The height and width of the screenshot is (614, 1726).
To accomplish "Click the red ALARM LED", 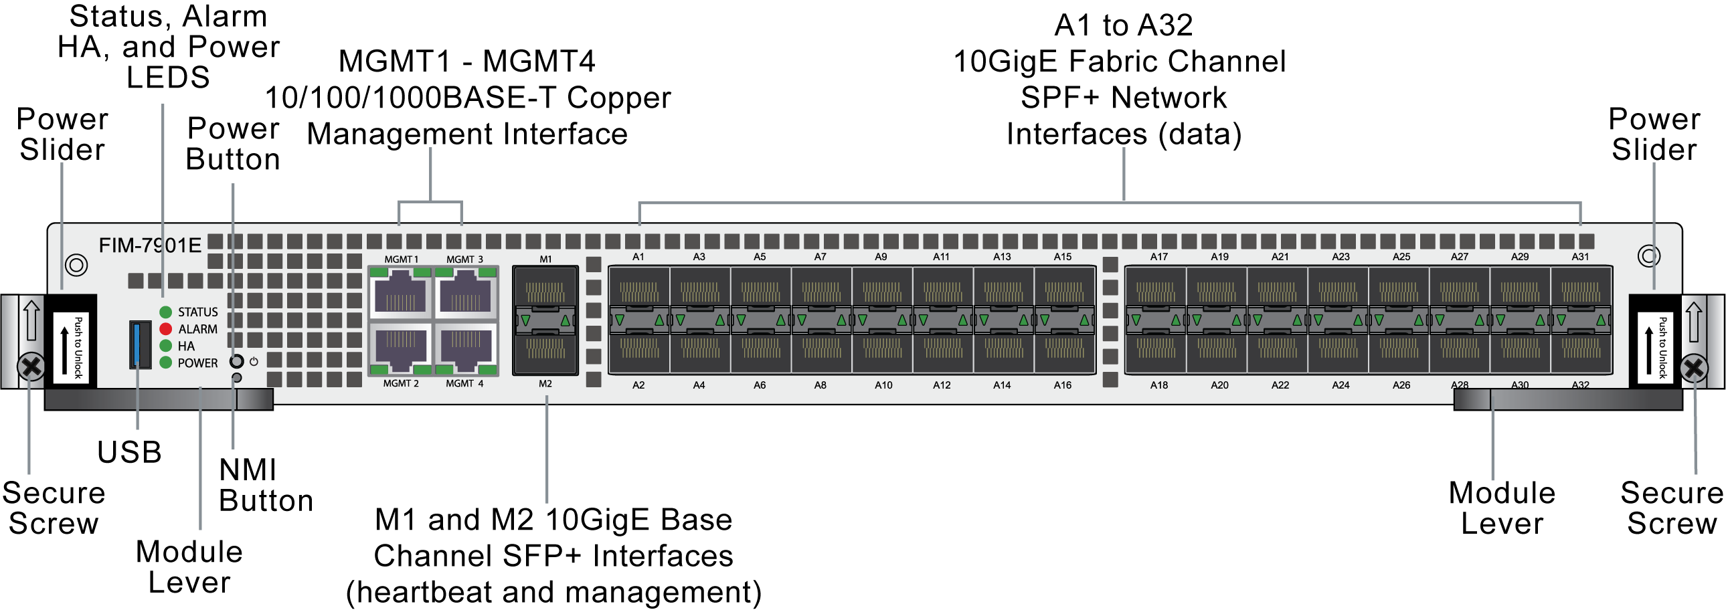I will pyautogui.click(x=165, y=329).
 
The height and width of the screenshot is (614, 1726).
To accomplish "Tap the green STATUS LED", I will pyautogui.click(x=165, y=312).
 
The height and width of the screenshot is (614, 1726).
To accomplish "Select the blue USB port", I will pyautogui.click(x=140, y=344).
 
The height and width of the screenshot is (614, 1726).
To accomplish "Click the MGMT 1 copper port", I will pyautogui.click(x=401, y=292).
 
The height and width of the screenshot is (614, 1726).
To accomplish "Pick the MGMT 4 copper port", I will pyautogui.click(x=466, y=349).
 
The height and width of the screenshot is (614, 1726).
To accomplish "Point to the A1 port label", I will pyautogui.click(x=638, y=256).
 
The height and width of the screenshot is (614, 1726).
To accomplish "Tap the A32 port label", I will pyautogui.click(x=1580, y=385).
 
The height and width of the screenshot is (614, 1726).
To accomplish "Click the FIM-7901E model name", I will pyautogui.click(x=150, y=245).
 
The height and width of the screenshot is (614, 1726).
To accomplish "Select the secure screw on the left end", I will pyautogui.click(x=31, y=367).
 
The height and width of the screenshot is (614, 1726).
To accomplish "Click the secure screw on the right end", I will pyautogui.click(x=1693, y=369).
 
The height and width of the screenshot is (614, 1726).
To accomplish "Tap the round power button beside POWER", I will pyautogui.click(x=236, y=361).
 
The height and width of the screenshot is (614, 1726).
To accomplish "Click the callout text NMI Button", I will pyautogui.click(x=265, y=486).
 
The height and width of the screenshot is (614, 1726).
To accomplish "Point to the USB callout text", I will pyautogui.click(x=129, y=452).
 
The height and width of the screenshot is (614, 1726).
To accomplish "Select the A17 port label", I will pyautogui.click(x=1158, y=256).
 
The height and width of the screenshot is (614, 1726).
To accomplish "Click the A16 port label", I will pyautogui.click(x=1062, y=385).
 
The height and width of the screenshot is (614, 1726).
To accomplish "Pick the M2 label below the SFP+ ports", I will pyautogui.click(x=545, y=384).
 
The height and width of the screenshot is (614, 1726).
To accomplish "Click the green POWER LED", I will pyautogui.click(x=165, y=363).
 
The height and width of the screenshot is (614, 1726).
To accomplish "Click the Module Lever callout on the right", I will pyautogui.click(x=1502, y=508).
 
